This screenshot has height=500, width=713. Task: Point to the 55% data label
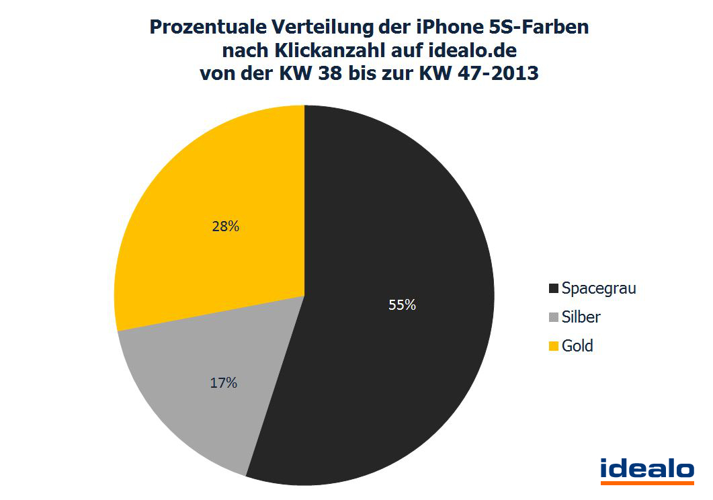402,304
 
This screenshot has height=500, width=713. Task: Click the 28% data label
225,226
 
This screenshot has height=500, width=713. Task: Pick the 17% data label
222,383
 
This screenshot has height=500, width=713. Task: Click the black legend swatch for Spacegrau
554,289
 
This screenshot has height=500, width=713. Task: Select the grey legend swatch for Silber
554,317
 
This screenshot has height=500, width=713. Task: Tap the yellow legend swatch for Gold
554,347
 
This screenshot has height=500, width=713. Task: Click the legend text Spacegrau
599,288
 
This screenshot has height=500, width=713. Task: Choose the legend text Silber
581,317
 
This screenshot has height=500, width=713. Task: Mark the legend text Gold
578,346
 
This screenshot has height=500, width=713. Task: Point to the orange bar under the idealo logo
646,482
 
